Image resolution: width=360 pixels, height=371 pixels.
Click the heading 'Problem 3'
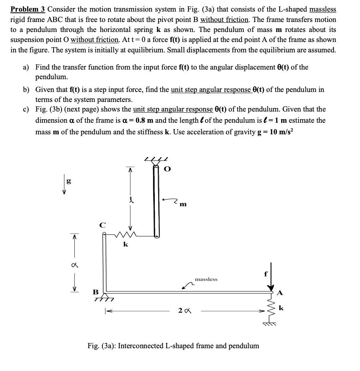[28, 9]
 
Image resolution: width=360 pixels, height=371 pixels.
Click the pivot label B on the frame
[96, 292]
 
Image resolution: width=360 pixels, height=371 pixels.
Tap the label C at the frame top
[102, 225]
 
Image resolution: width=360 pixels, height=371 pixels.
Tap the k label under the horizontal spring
[125, 245]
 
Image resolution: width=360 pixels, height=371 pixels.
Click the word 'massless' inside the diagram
[206, 279]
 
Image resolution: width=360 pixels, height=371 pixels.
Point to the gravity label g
[69, 180]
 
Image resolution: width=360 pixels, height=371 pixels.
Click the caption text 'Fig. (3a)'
[102, 346]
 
